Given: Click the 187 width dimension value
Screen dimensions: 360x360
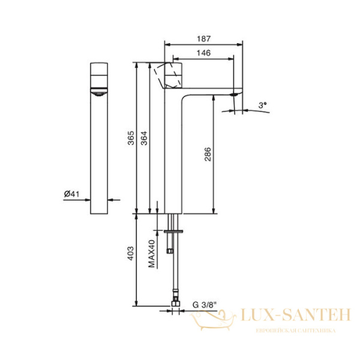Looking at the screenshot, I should (x=203, y=38).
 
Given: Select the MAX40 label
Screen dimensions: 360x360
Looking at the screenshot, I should (x=152, y=254).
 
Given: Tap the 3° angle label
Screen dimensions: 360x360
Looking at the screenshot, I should (x=261, y=104).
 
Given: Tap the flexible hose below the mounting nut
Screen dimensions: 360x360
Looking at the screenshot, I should (x=174, y=270).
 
